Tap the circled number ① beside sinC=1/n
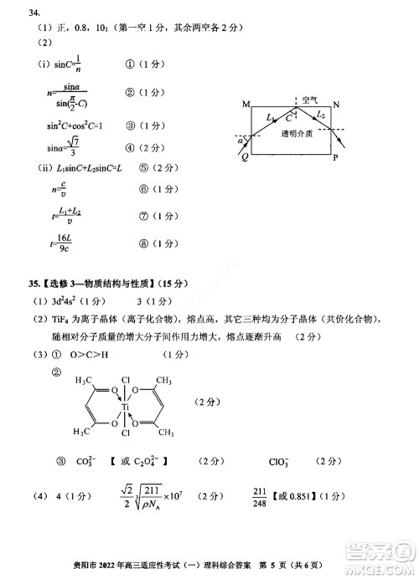click(130, 63)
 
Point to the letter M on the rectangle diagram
click(246, 105)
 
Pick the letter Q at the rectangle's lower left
click(244, 155)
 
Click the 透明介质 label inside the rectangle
click(297, 133)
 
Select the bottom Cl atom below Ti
click(125, 434)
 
